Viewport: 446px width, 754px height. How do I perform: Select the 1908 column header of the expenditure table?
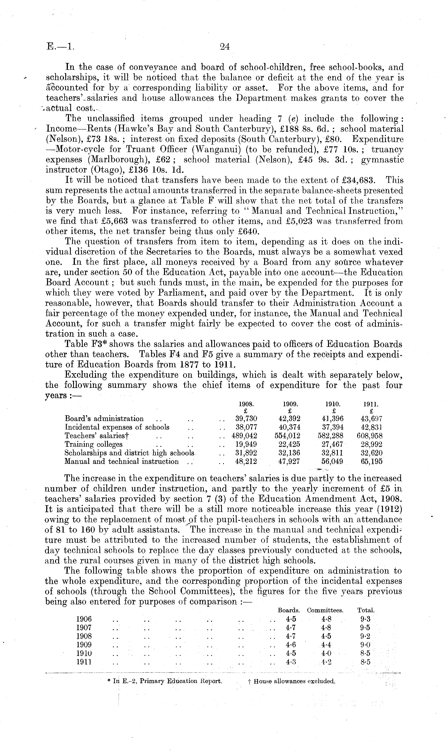point(247,404)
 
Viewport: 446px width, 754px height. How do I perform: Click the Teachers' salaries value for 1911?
point(369,435)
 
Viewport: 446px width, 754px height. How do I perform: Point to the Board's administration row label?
point(104,419)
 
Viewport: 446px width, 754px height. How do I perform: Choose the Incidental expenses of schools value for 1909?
point(289,427)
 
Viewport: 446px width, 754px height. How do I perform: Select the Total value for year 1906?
point(364,619)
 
